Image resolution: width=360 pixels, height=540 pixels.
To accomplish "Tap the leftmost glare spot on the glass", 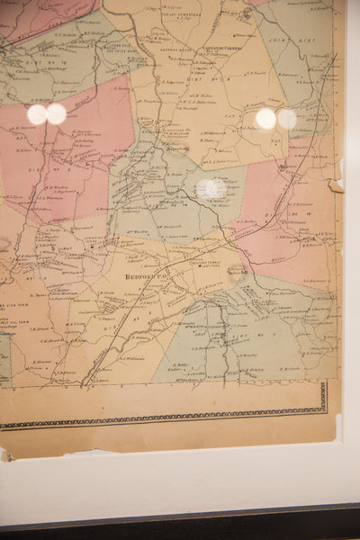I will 37,114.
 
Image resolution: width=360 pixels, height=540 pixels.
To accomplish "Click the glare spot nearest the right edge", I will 287,119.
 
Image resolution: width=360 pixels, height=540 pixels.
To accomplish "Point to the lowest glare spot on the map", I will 210,188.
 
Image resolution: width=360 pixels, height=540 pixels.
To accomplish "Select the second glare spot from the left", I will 57,114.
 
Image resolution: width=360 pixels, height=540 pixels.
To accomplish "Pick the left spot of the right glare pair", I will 265,119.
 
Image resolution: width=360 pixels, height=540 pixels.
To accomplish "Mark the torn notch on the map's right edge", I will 336,186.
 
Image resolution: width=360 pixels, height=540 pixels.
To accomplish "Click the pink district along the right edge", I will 288,216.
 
